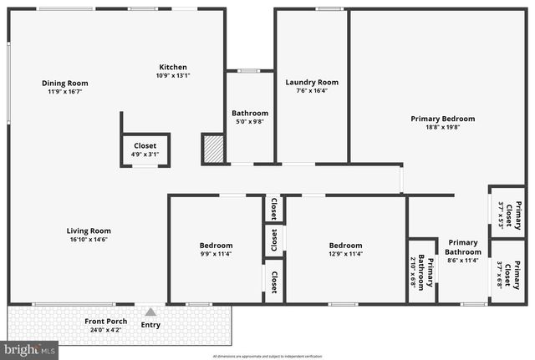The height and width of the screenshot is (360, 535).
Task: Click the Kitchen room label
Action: [173, 68]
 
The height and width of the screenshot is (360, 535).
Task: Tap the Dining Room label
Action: [65, 84]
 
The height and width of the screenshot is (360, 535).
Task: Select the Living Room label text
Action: [89, 231]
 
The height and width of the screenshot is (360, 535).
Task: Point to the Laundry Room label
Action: [312, 83]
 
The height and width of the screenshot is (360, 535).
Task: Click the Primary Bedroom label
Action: [442, 119]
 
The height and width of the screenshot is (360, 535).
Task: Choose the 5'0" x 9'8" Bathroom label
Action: [250, 114]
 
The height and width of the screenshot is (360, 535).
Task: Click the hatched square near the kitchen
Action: [213, 149]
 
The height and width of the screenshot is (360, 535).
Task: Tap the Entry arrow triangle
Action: [150, 312]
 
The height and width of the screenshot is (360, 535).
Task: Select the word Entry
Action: [150, 325]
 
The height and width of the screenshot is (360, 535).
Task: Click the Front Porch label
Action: [104, 322]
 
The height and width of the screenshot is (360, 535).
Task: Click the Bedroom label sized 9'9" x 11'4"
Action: [216, 245]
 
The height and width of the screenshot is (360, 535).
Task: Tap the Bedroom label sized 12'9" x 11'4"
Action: [344, 245]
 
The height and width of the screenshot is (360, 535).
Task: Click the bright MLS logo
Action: [29, 350]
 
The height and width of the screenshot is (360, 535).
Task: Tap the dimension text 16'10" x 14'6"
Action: [89, 240]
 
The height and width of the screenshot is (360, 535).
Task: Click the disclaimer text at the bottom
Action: [267, 356]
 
